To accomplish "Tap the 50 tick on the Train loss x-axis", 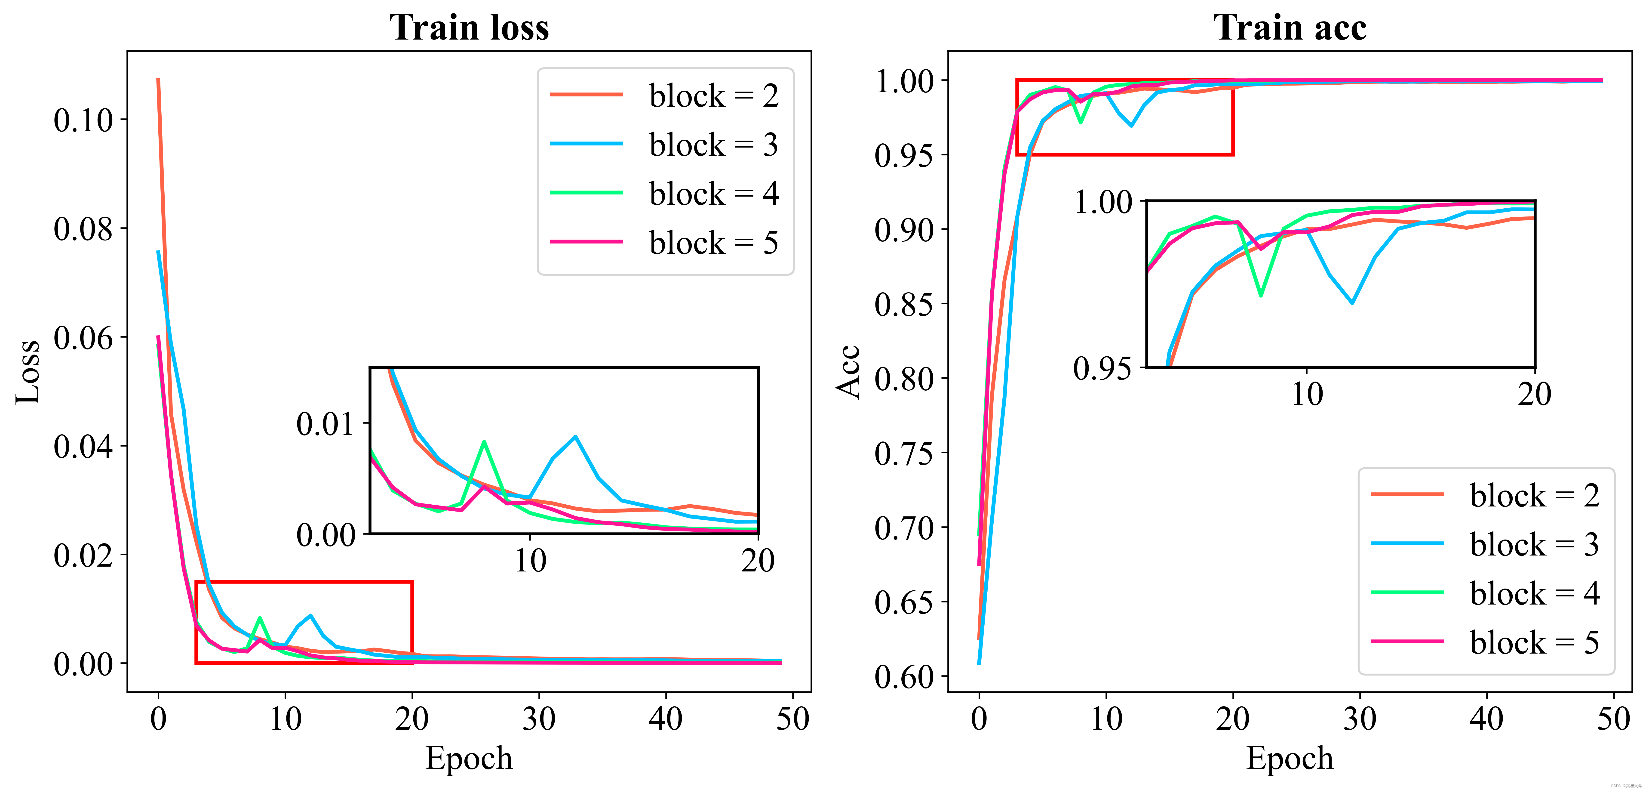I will pyautogui.click(x=792, y=719).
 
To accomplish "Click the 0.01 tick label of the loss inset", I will pyautogui.click(x=325, y=424).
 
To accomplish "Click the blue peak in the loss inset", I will pyautogui.click(x=576, y=437).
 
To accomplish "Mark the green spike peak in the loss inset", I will pyautogui.click(x=484, y=442).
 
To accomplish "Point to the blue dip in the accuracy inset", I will pyautogui.click(x=1352, y=302).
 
